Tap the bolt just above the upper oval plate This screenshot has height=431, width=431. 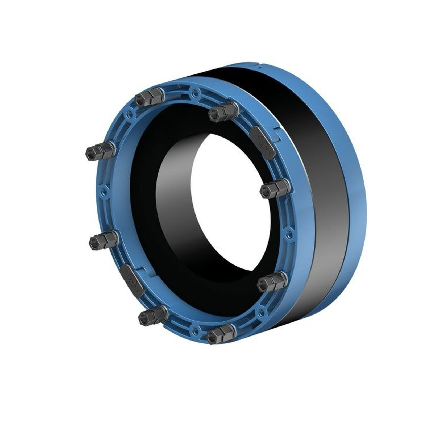coord(223,112)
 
